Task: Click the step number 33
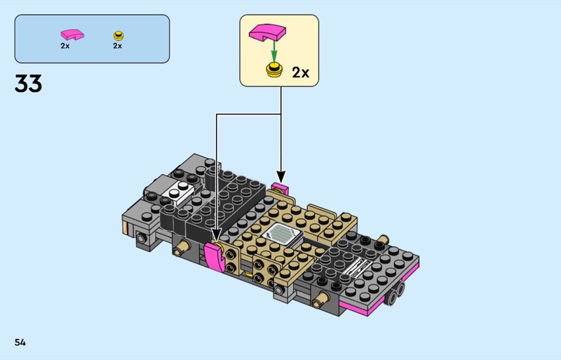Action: pyautogui.click(x=28, y=84)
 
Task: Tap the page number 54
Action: pyautogui.click(x=20, y=342)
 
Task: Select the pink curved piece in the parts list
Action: pyautogui.click(x=72, y=35)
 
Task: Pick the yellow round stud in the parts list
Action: pyautogui.click(x=119, y=36)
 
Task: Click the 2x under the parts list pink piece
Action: pyautogui.click(x=65, y=46)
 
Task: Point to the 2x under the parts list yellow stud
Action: pyautogui.click(x=118, y=46)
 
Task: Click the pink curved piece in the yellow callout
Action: pyautogui.click(x=268, y=32)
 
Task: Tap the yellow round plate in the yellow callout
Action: pyautogui.click(x=274, y=69)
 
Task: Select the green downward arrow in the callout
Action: pyautogui.click(x=274, y=51)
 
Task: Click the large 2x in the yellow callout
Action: pyautogui.click(x=301, y=73)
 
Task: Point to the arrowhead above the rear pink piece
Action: pyautogui.click(x=281, y=177)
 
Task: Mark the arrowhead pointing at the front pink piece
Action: pyautogui.click(x=216, y=235)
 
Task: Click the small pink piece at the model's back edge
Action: pyautogui.click(x=280, y=187)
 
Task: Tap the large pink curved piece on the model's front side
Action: pyautogui.click(x=215, y=256)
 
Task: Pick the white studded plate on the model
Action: pyautogui.click(x=178, y=192)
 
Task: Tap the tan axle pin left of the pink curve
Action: pyautogui.click(x=182, y=248)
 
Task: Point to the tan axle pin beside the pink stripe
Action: pyautogui.click(x=320, y=300)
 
